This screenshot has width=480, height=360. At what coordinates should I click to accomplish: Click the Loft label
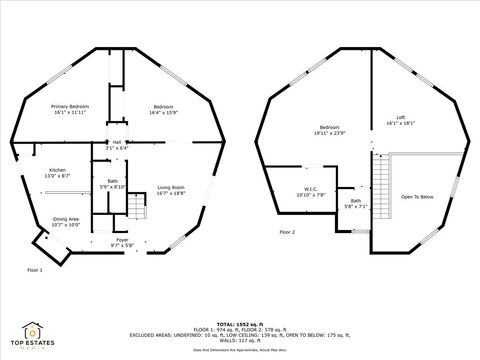tap(400, 118)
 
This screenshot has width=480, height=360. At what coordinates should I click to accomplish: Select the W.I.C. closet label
tap(310, 189)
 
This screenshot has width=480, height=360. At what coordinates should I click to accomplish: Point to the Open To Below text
tap(416, 197)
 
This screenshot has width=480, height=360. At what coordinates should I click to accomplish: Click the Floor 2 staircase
tap(379, 191)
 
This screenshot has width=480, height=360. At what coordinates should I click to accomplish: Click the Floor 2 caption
tap(287, 232)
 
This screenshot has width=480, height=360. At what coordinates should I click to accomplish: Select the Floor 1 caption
tap(35, 269)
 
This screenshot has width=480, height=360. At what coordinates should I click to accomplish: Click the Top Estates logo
tap(34, 334)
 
